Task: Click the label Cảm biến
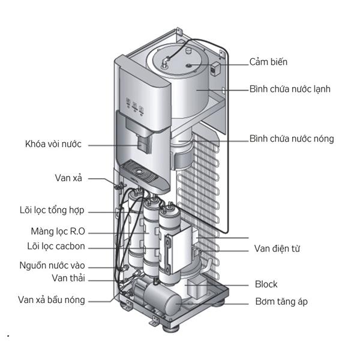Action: (x=269, y=62)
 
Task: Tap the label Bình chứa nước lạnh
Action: (x=290, y=89)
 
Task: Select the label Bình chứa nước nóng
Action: (x=291, y=139)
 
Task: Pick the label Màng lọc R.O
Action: (x=58, y=231)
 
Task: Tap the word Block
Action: (x=266, y=284)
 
